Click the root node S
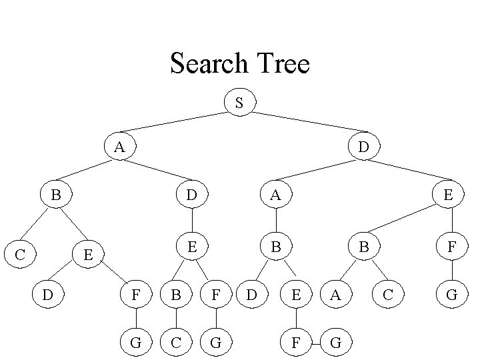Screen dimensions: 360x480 (239, 103)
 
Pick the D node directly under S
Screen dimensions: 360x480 (361, 146)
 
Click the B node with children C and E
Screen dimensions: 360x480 (56, 195)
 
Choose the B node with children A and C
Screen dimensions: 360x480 (363, 246)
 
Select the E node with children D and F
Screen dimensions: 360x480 (86, 254)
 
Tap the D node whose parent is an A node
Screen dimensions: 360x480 (192, 195)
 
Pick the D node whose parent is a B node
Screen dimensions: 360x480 (252, 294)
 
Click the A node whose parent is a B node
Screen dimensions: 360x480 (336, 294)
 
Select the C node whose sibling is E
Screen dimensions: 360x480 (20, 254)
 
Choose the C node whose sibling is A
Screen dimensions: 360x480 (388, 294)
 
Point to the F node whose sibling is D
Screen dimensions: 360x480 (136, 294)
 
